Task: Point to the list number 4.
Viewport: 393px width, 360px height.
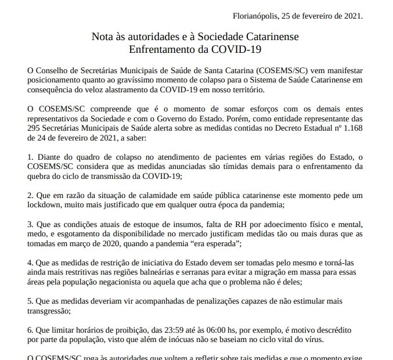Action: (30, 263)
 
